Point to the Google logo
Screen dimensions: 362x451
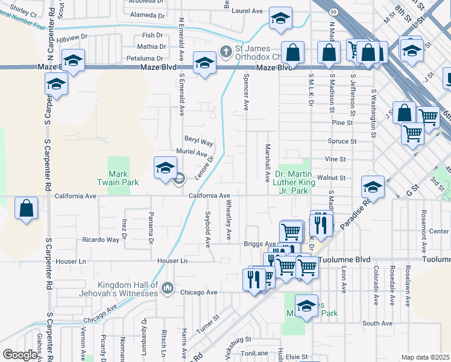tap(19, 354)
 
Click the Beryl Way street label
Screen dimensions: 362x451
tap(198, 142)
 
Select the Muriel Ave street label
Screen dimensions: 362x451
tap(195, 154)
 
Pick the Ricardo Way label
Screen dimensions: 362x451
tap(100, 240)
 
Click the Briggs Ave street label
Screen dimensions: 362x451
tap(259, 243)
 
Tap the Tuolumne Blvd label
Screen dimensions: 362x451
tap(344, 259)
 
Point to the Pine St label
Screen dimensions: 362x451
tap(342, 122)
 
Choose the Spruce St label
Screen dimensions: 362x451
tap(342, 141)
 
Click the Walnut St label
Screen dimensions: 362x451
tap(335, 178)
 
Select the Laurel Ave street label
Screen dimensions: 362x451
tap(247, 11)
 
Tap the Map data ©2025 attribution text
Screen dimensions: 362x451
tap(424, 357)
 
